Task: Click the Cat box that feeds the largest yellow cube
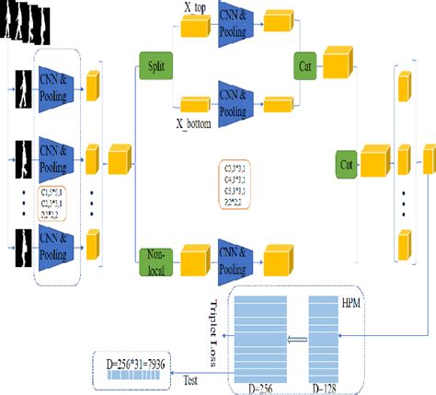(x=347, y=164)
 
